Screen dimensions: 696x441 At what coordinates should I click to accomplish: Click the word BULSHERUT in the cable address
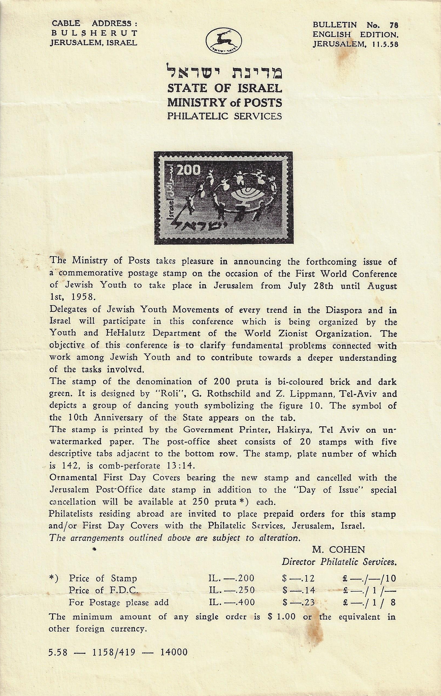94,33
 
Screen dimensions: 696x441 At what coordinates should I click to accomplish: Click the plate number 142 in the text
70,466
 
